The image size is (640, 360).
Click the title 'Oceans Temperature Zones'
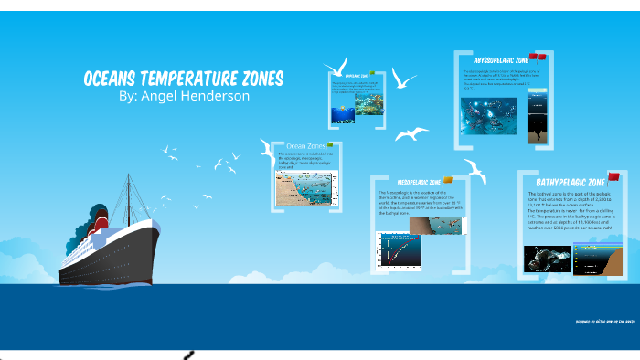(183, 79)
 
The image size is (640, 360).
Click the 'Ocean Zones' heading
(305, 146)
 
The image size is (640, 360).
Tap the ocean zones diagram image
(307, 189)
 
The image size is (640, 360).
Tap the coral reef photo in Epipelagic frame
(352, 110)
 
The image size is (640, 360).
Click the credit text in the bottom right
(604, 323)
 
